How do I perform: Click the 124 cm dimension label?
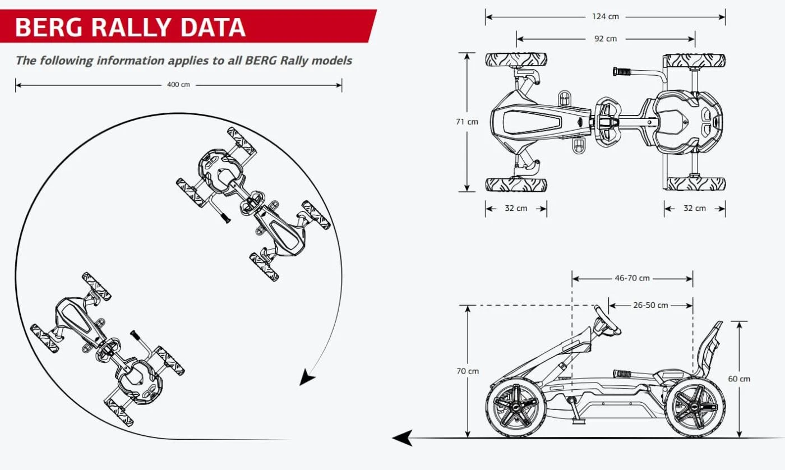[606, 16]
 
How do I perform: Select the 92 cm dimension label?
[606, 39]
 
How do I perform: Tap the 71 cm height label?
[467, 121]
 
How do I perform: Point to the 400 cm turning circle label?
[178, 85]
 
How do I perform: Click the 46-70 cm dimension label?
[632, 278]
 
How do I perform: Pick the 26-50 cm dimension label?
[650, 306]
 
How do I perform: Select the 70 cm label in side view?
[468, 371]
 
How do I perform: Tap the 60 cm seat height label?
[739, 379]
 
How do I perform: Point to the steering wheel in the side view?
[608, 320]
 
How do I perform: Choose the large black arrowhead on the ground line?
[403, 437]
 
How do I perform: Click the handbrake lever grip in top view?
[622, 72]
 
